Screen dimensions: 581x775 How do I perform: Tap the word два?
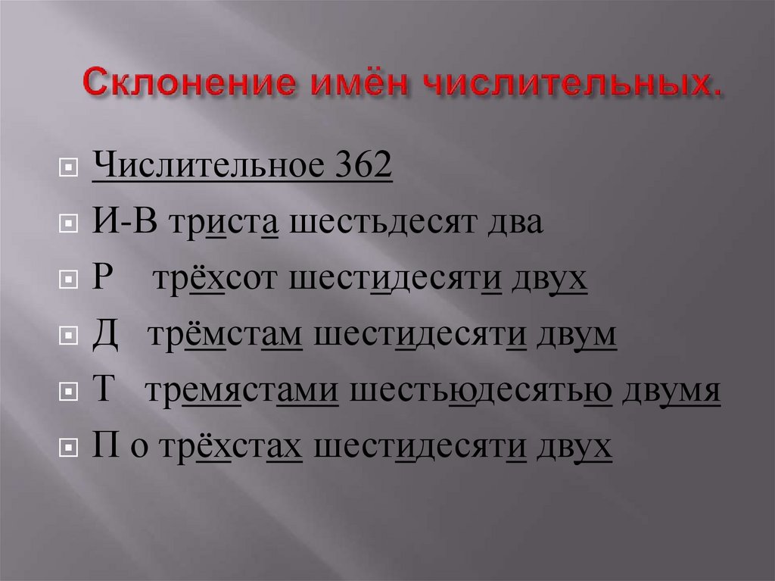click(521, 223)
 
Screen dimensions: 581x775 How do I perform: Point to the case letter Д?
click(105, 336)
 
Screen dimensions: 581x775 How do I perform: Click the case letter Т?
click(103, 392)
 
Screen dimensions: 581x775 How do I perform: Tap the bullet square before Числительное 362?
click(68, 167)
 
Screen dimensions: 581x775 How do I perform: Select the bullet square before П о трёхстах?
click(68, 448)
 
